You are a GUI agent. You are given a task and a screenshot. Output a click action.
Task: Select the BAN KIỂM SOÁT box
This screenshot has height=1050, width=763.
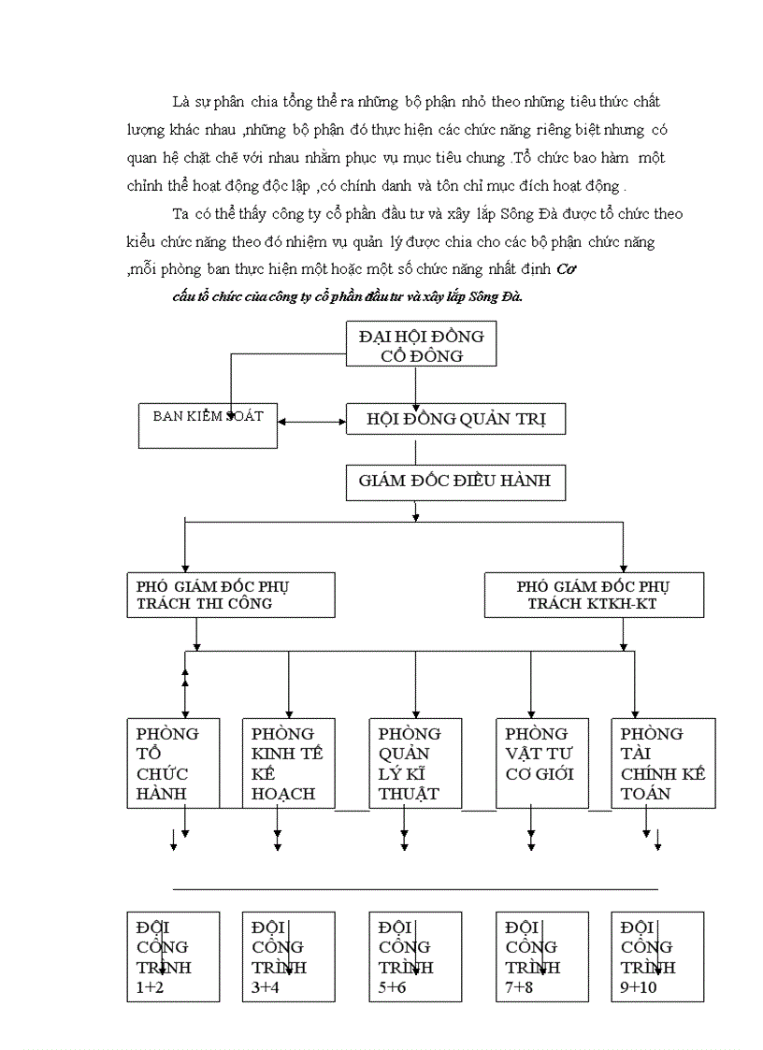(x=208, y=424)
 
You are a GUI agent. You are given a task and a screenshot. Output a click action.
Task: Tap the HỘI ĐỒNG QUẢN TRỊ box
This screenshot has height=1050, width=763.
(x=455, y=420)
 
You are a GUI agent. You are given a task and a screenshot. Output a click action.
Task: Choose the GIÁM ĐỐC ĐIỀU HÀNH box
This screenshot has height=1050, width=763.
(x=454, y=482)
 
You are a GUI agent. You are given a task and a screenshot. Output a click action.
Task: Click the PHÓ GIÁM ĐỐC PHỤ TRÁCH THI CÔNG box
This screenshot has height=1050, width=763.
(x=230, y=595)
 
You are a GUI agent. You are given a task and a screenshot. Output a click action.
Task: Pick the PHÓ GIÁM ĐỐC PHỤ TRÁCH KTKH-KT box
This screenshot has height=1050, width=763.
(x=593, y=595)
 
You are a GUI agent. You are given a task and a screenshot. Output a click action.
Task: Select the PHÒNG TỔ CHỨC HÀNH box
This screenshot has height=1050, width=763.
(x=173, y=763)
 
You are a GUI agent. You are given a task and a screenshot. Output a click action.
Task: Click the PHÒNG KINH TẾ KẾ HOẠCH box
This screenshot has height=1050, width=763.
(x=287, y=763)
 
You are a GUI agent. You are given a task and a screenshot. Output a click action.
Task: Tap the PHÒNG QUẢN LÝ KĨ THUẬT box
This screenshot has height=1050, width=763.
(x=415, y=763)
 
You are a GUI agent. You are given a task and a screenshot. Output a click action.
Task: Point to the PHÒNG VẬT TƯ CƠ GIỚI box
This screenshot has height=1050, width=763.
(x=541, y=763)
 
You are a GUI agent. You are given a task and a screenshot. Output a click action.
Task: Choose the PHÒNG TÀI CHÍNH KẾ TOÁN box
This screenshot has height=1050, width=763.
(x=662, y=763)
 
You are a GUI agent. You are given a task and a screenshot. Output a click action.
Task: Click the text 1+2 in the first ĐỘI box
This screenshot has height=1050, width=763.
(x=150, y=987)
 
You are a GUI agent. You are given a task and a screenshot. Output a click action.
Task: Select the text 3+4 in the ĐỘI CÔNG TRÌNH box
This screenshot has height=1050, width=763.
(x=266, y=987)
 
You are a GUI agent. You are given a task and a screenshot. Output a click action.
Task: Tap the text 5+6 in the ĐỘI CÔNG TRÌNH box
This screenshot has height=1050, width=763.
(x=393, y=987)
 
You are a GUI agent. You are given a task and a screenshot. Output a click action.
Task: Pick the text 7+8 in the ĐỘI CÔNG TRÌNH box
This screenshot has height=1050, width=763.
(x=519, y=987)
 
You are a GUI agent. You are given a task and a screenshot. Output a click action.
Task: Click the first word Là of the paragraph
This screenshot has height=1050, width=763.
(x=180, y=101)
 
